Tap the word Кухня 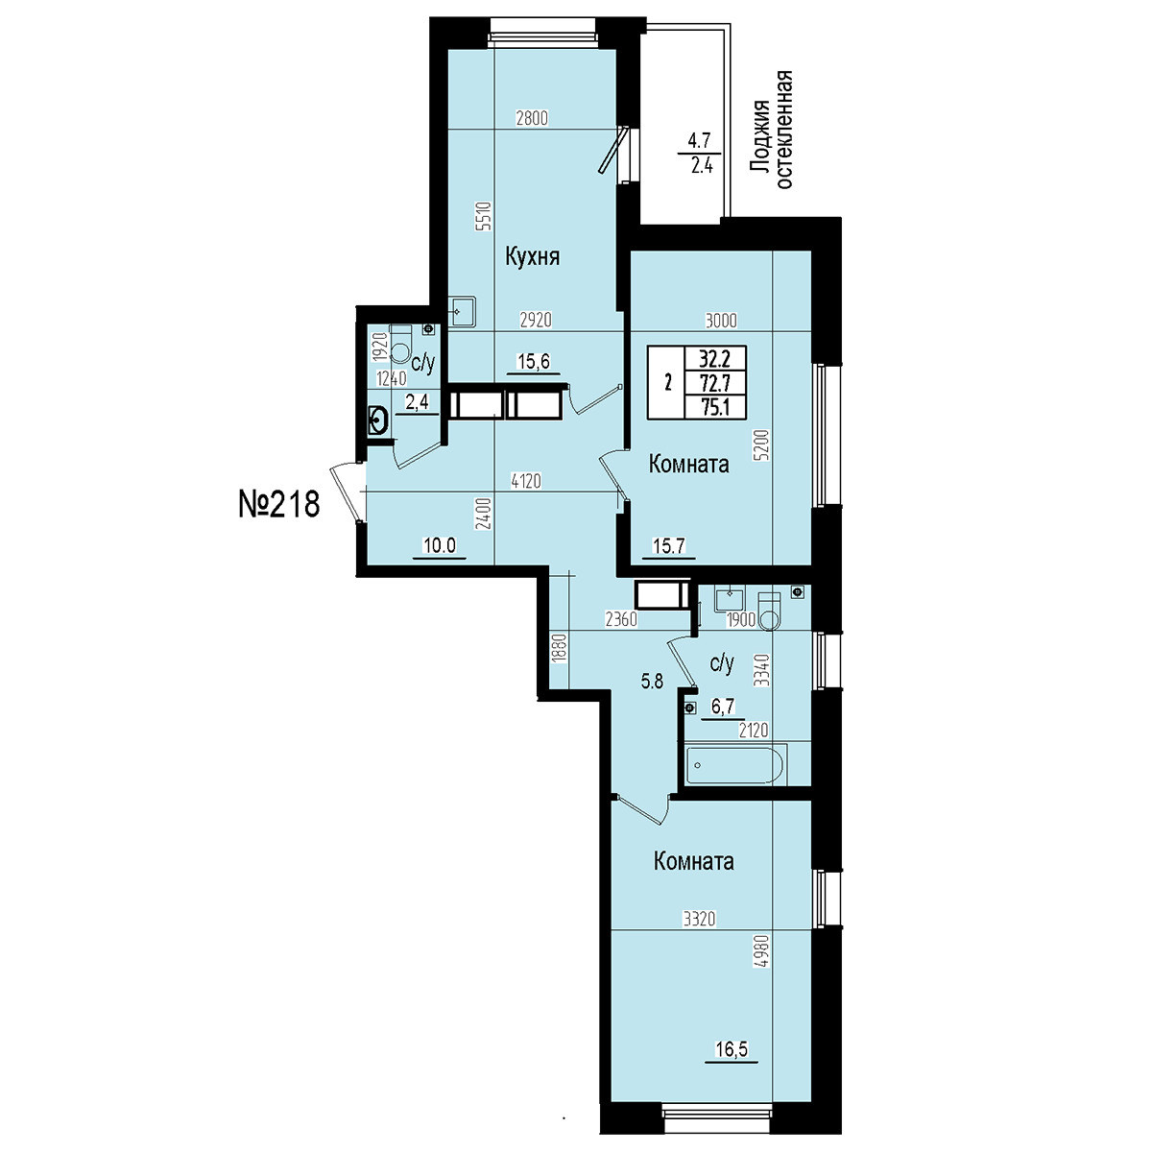[532, 257]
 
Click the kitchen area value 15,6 [534, 362]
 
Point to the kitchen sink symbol [463, 313]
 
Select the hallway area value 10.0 [440, 545]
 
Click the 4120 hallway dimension [526, 480]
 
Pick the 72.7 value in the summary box [715, 382]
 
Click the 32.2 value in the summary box [715, 359]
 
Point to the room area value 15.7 [669, 545]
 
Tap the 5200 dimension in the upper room [762, 444]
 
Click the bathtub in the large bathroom [734, 764]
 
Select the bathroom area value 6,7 [722, 708]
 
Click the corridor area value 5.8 [652, 681]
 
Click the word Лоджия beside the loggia [759, 138]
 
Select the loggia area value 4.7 [699, 141]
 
